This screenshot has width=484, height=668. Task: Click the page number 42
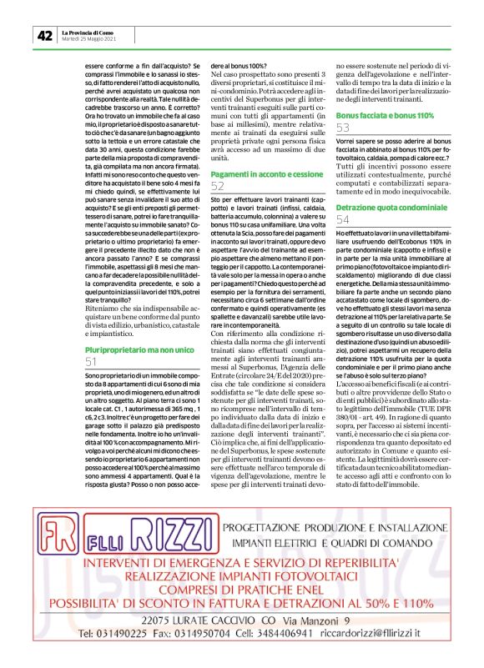(44, 36)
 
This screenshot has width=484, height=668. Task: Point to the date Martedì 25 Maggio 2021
(89, 39)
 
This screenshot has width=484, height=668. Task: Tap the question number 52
(218, 186)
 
